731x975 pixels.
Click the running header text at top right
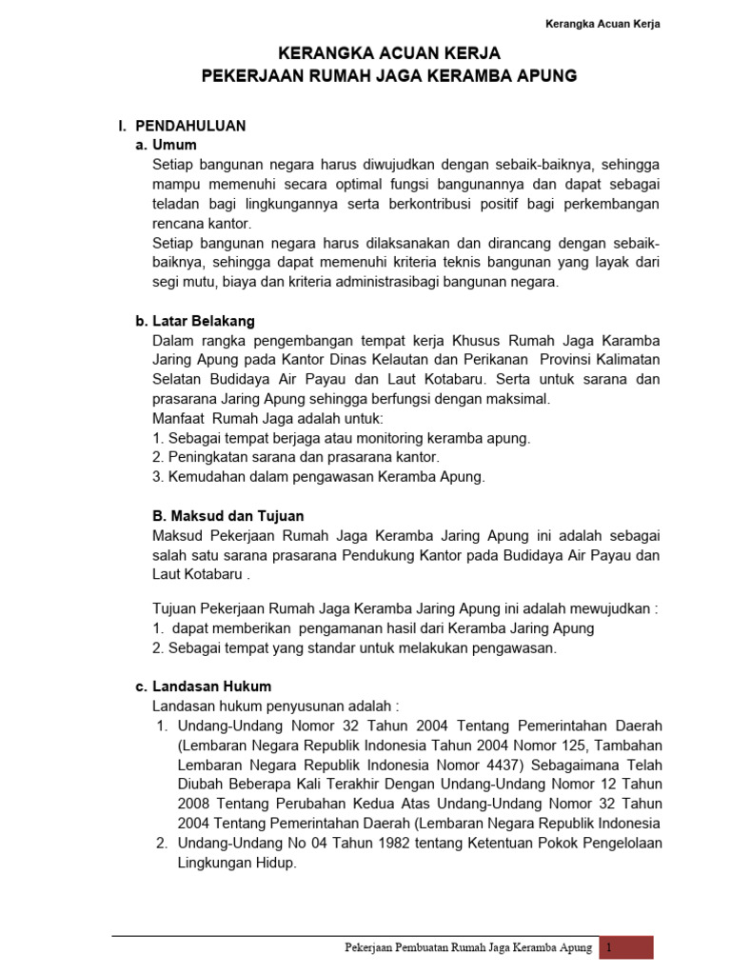tap(603, 24)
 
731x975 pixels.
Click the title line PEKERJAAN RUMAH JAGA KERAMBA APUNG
tap(389, 75)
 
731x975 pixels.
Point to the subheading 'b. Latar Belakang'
tap(195, 321)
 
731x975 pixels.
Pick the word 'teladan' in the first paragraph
tap(176, 204)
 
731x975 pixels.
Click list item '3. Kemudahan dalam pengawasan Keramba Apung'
tap(319, 476)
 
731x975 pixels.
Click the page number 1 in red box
tap(608, 947)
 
